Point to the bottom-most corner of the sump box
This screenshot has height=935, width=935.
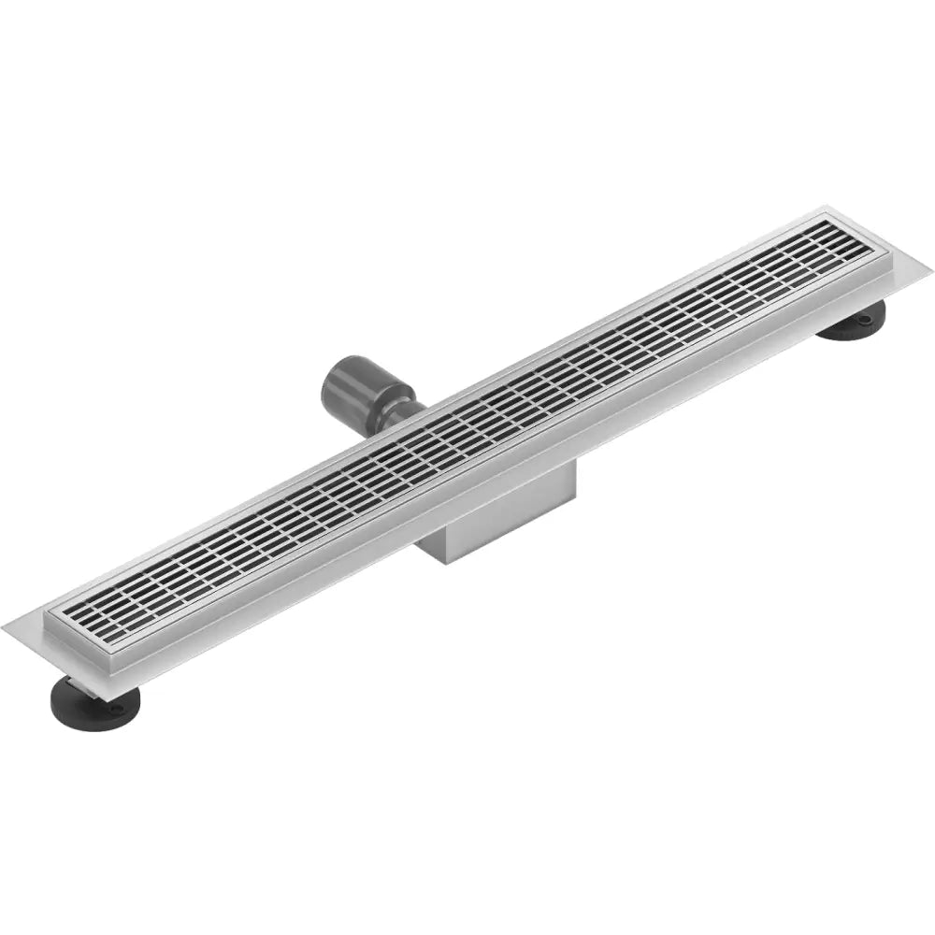click(x=449, y=562)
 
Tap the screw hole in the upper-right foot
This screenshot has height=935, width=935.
click(x=865, y=319)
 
